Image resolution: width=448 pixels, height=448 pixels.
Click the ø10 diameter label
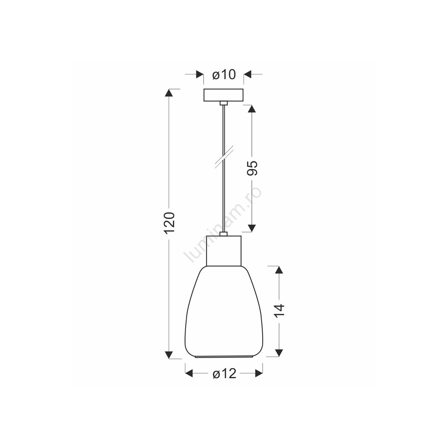(x=224, y=75)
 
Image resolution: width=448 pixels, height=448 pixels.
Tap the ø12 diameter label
(x=224, y=374)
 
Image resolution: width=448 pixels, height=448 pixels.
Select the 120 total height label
(x=169, y=223)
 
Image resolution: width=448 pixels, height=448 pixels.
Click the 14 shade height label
(x=279, y=311)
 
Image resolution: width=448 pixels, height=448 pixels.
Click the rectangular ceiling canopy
(x=223, y=95)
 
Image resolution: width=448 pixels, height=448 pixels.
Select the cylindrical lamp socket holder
(x=224, y=251)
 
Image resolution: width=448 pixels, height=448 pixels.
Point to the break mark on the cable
(x=224, y=157)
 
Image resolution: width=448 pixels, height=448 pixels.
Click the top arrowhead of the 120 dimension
(x=169, y=93)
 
